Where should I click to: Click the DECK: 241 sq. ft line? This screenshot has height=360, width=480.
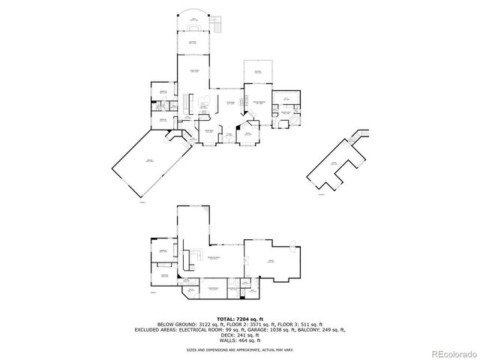point(239,334)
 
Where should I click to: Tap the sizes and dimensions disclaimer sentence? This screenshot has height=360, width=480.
point(239,349)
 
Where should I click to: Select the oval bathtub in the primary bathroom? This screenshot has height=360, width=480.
point(291,120)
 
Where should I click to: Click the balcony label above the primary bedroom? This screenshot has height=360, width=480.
point(257,72)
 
